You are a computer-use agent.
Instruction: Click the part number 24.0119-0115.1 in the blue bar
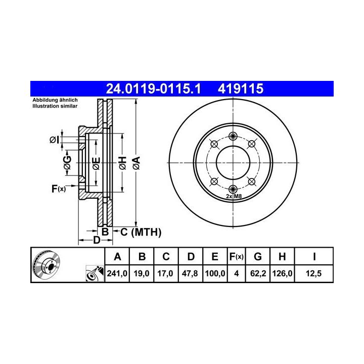pos(153,88)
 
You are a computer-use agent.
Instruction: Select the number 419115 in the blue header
pos(241,88)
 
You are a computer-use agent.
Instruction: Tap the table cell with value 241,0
pos(117,273)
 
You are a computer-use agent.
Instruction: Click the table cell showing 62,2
pos(258,273)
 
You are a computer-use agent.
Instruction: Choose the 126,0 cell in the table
pos(282,273)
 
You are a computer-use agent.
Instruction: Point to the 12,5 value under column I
pos(313,273)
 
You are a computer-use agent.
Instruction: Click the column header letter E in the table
pos(215,256)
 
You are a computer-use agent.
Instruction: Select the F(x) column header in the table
pos(236,256)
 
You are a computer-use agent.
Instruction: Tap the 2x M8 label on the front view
pos(234,196)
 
